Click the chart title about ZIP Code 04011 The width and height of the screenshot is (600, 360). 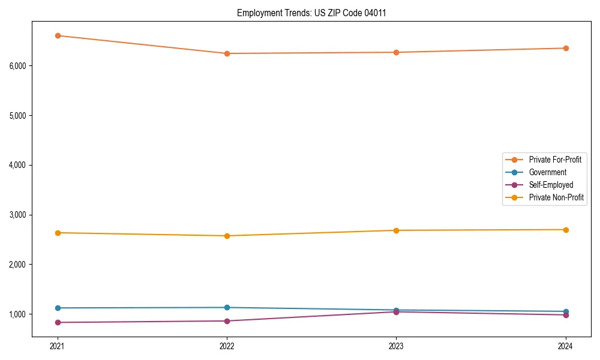[x=307, y=13]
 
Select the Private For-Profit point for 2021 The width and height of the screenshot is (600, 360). [x=58, y=35]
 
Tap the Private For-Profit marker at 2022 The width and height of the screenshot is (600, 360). [x=227, y=53]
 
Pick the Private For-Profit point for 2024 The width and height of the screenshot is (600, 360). [x=565, y=48]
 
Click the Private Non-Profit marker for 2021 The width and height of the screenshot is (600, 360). [x=58, y=233]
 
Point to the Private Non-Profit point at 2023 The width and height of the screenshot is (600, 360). [x=396, y=230]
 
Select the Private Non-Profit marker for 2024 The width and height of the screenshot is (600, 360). [x=565, y=230]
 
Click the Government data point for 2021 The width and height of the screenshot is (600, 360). [x=58, y=308]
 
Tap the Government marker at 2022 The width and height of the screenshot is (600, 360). [x=227, y=307]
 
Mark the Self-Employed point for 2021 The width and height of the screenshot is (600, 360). [x=58, y=322]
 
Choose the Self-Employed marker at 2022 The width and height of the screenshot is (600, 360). [x=227, y=321]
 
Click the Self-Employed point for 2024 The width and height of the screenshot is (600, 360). [x=565, y=315]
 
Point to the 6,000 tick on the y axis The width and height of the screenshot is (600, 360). [x=18, y=65]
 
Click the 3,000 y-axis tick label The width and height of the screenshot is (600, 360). [x=18, y=215]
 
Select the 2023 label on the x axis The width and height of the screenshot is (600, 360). [x=396, y=346]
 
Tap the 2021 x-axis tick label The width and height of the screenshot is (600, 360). [x=58, y=346]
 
